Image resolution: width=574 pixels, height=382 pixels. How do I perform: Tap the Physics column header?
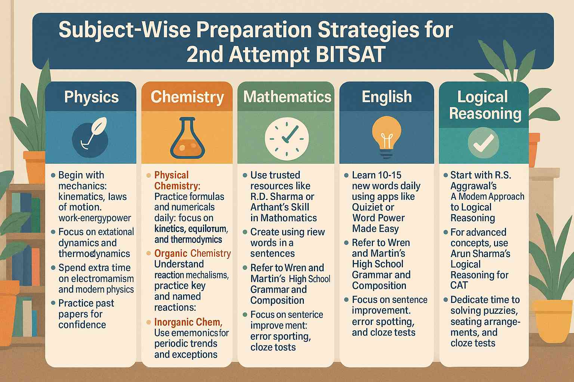91,97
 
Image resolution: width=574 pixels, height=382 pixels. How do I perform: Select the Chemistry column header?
187,97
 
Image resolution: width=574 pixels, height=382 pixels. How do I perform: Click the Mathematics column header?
287,97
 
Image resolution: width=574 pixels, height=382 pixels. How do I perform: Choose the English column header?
387,97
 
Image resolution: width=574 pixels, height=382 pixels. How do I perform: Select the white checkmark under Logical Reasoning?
483,142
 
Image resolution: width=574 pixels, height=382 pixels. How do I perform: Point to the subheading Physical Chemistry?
177,181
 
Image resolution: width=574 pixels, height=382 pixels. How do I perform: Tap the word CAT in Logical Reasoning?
459,285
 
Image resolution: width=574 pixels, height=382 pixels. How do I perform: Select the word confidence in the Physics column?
82,325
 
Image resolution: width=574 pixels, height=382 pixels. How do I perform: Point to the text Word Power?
378,218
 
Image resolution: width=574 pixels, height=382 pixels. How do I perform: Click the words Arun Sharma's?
480,254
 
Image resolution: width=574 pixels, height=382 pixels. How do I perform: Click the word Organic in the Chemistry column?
171,253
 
